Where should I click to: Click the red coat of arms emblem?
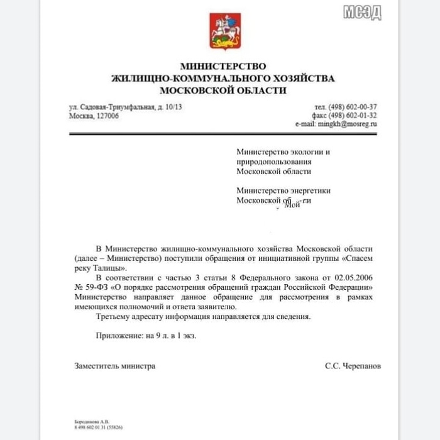pos(225,31)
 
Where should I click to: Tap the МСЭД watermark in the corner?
pos(363,13)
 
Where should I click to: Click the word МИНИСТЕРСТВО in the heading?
pos(223,66)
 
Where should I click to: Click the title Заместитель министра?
pos(114,366)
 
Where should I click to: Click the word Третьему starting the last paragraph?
pos(114,316)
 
